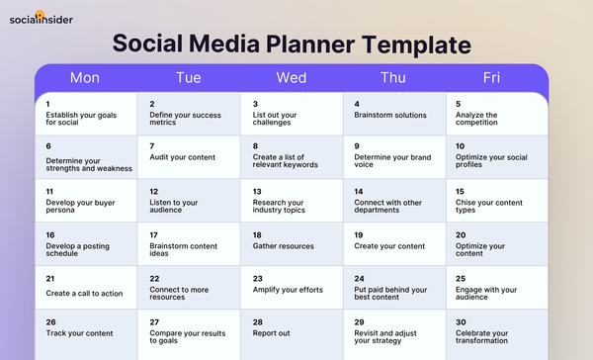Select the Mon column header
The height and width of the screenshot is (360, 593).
pos(84,77)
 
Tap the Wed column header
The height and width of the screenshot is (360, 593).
pos(291,77)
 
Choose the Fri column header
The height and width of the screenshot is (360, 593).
pos(491,77)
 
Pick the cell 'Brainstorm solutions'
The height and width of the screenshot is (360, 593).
pos(394,114)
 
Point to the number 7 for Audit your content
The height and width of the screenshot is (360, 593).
pos(152,145)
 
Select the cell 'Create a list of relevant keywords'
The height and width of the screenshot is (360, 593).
pos(291,157)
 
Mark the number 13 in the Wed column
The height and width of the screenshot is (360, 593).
pos(257,191)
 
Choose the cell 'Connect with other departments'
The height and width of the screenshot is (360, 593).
pos(394,201)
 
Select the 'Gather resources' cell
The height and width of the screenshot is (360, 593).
pos(291,244)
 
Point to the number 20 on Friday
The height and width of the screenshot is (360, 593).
pos(461,234)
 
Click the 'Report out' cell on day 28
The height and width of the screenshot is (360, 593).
pos(291,331)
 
